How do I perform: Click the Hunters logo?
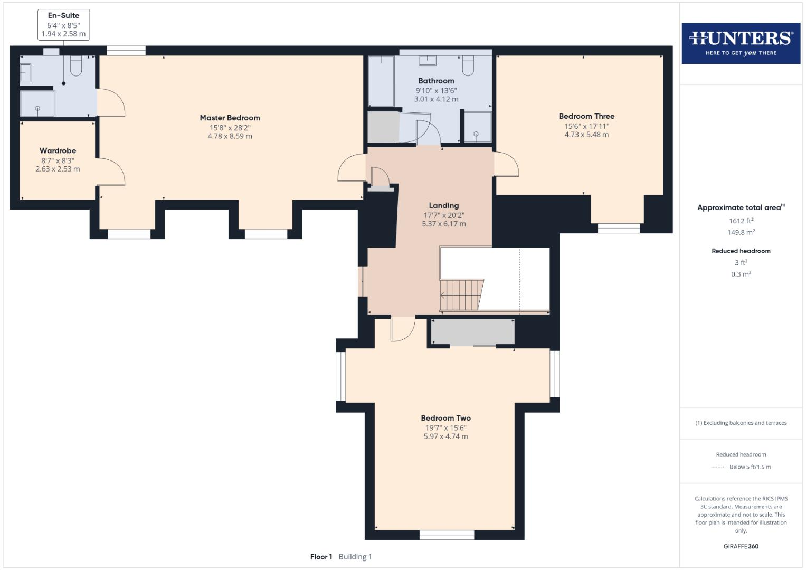741,43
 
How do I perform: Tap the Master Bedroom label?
230,118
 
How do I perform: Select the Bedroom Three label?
586,116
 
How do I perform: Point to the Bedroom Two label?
445,418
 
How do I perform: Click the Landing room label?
443,205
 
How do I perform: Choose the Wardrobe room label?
58,150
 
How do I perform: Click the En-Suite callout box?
63,24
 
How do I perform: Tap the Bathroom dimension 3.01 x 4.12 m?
436,99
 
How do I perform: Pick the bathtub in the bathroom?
381,81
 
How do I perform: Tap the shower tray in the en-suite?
37,103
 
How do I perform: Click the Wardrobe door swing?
112,172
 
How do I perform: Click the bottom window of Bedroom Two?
447,535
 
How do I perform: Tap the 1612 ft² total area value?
741,221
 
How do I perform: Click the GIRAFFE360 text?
741,546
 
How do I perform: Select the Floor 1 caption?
321,557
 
